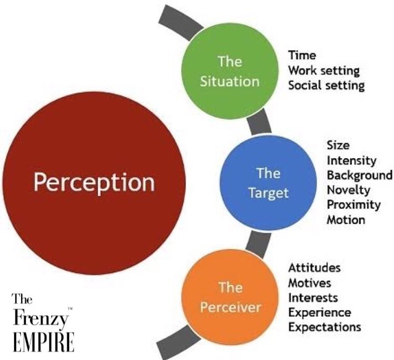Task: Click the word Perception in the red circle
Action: pos(95,182)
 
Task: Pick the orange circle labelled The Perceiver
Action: pos(230,296)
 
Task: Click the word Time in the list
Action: pos(302,55)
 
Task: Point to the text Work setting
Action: pos(324,70)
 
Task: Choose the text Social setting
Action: pos(326,85)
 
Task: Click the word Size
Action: pos(338,145)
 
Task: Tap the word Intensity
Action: pos(351,159)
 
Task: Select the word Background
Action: pos(359,174)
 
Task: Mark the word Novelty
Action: pos(348,189)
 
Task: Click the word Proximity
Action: pos(352,204)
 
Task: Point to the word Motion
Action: pos(346,220)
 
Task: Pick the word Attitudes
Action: pos(314,268)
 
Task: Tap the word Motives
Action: pos(309,283)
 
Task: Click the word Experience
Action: pos(319,312)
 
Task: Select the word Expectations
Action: pos(324,327)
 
